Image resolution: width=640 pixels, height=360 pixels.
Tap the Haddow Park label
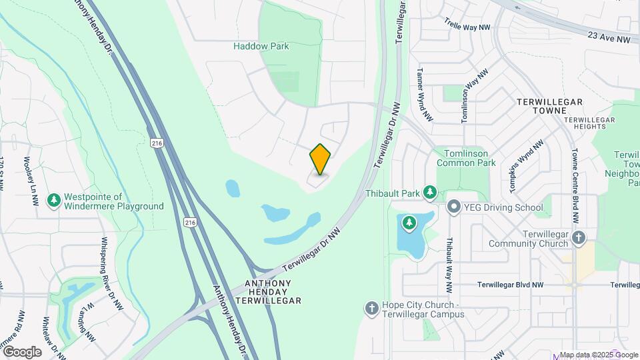tap(261, 47)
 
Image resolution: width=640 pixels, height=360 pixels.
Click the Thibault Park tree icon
tap(430, 193)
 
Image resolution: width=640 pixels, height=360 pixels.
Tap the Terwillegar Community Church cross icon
tap(579, 237)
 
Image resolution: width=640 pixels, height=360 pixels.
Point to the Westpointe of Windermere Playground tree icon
tap(53, 200)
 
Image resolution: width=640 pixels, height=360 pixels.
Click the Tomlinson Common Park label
tap(466, 157)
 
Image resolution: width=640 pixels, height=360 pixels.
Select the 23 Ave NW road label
tap(609, 38)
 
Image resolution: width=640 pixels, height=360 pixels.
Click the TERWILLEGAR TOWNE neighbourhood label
tap(549, 107)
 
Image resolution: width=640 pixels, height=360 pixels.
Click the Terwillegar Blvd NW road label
tap(510, 285)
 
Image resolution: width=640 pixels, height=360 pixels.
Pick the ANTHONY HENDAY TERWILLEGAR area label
tap(269, 292)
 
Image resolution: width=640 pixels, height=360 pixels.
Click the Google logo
tap(22, 351)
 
